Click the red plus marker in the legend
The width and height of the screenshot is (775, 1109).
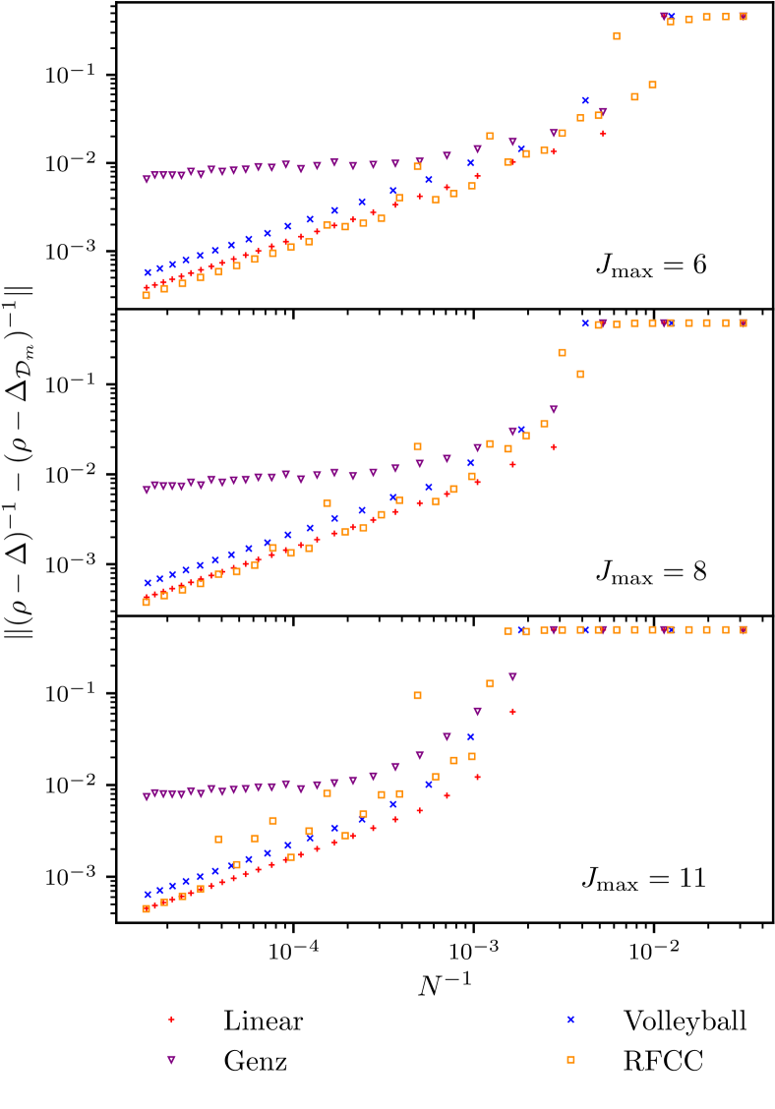pos(171,1019)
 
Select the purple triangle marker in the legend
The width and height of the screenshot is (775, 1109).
pos(171,1060)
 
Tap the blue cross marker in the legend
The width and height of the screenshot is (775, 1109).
pos(570,1020)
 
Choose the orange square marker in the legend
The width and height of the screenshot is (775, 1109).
pos(570,1059)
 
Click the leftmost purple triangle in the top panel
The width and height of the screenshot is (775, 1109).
pos(147,180)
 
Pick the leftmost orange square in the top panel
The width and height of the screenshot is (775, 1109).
pos(146,295)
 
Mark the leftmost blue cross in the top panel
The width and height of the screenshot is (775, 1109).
pos(148,272)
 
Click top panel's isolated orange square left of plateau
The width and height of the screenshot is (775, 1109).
pos(617,35)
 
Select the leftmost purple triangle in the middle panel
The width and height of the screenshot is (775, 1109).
pos(147,490)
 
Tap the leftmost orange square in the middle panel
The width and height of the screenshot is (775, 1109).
pos(146,602)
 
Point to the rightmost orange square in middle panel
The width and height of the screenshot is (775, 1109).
pos(744,322)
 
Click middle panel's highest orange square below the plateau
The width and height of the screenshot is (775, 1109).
pos(562,352)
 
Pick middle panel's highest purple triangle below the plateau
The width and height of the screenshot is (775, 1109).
pos(554,410)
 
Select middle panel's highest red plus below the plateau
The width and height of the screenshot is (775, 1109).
pos(553,447)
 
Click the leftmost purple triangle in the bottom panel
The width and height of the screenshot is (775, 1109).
pos(147,797)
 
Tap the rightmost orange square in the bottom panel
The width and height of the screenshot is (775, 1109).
pos(744,629)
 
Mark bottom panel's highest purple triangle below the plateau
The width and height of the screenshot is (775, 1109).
pos(512,677)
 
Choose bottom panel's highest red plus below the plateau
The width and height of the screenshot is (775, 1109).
pos(512,711)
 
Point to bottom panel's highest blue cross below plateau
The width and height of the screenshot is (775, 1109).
pos(471,736)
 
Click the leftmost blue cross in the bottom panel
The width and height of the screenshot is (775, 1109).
pos(148,894)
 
